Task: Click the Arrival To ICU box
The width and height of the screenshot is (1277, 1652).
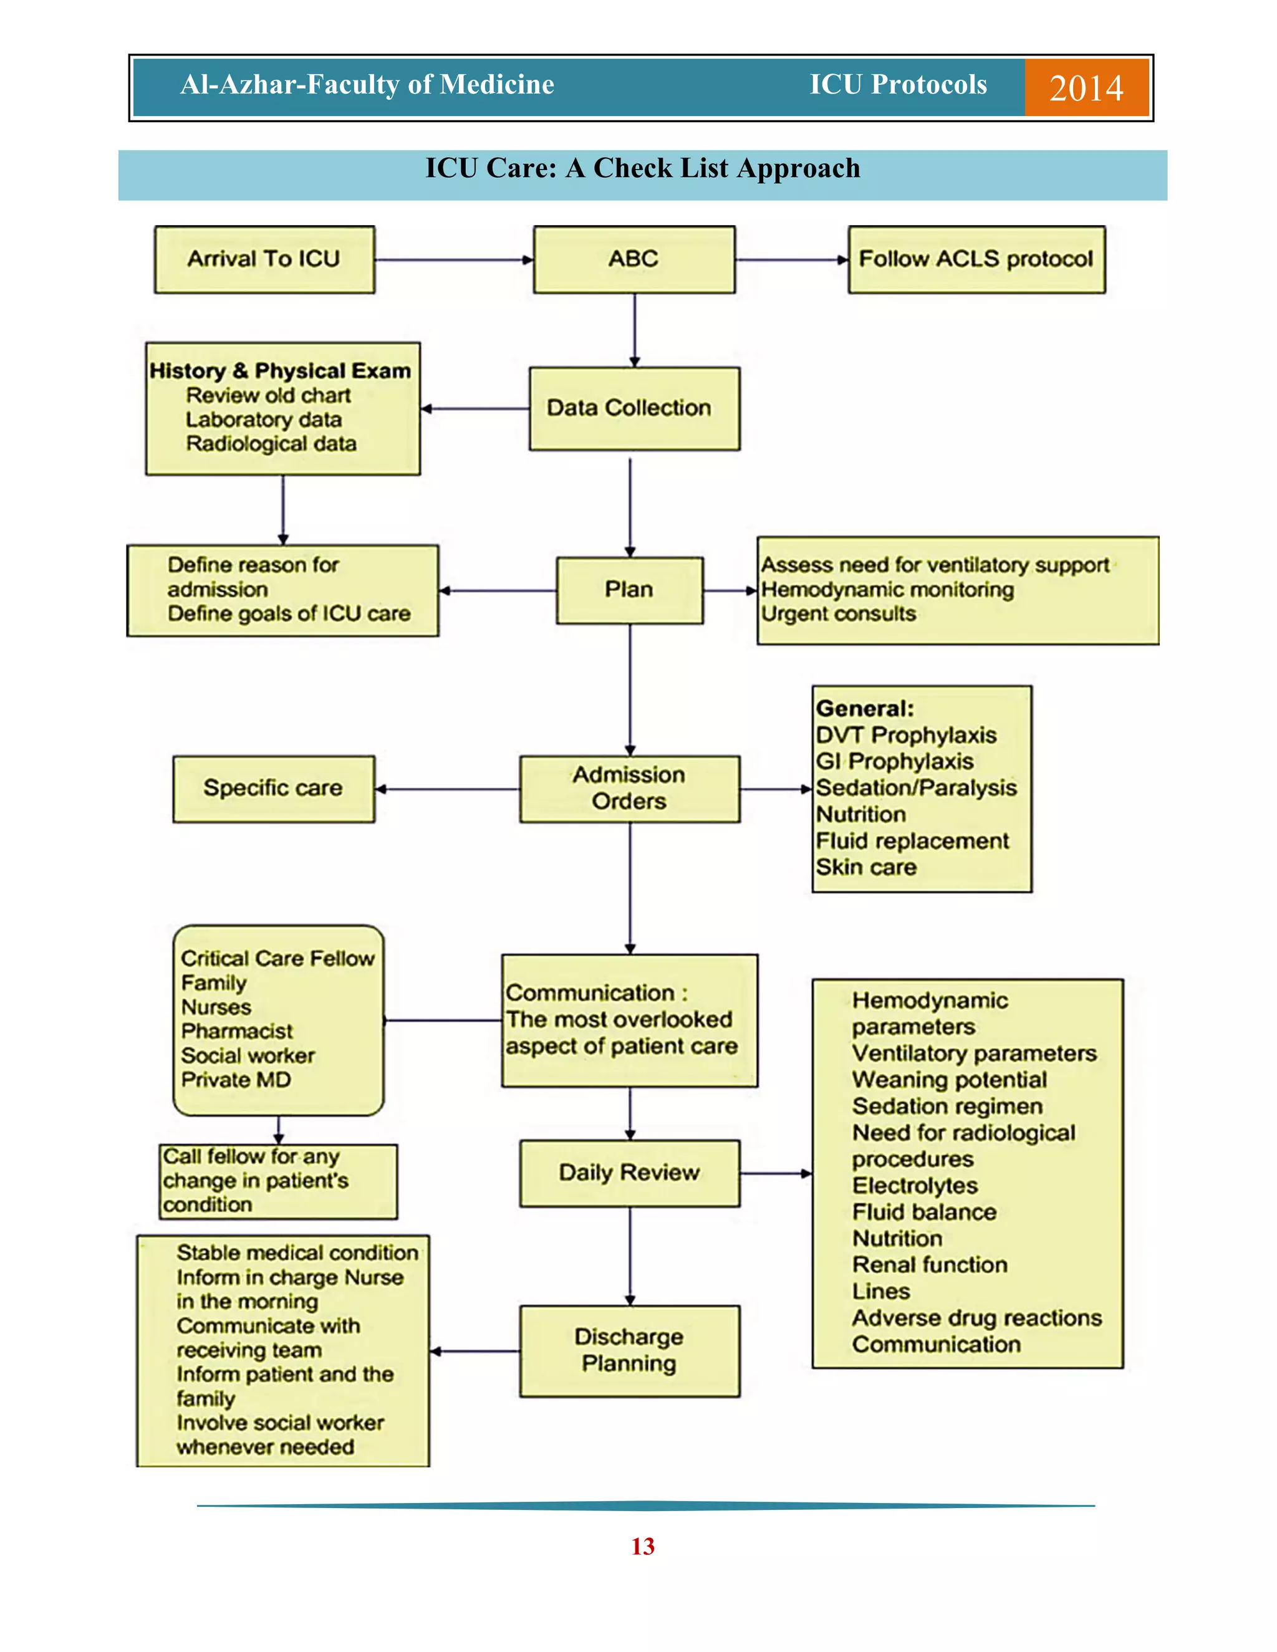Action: tap(264, 259)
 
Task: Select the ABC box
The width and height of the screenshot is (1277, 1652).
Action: tap(634, 259)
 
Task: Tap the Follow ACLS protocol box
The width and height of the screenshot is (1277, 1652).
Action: tap(976, 259)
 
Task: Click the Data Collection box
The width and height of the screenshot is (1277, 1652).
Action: tap(634, 408)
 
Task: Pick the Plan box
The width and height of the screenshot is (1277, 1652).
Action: tap(629, 590)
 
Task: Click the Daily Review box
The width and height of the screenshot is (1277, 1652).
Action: tap(629, 1173)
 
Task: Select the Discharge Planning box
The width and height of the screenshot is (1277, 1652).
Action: tap(629, 1350)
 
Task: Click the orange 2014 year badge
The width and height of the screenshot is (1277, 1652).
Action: tap(1086, 88)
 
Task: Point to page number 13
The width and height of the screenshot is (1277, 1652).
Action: tap(642, 1546)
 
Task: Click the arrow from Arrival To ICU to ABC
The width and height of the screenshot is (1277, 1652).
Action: tap(454, 260)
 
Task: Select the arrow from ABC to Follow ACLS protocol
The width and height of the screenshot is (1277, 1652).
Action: tap(791, 260)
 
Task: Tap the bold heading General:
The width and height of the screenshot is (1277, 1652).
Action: tap(865, 709)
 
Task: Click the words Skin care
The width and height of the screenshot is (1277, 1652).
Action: tap(866, 867)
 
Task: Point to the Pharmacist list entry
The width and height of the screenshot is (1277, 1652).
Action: tap(237, 1031)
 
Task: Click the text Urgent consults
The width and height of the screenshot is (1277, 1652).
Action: tap(838, 613)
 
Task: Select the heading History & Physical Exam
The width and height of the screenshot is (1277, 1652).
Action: tap(280, 371)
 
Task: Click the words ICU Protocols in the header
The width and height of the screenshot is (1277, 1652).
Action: tap(898, 85)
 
